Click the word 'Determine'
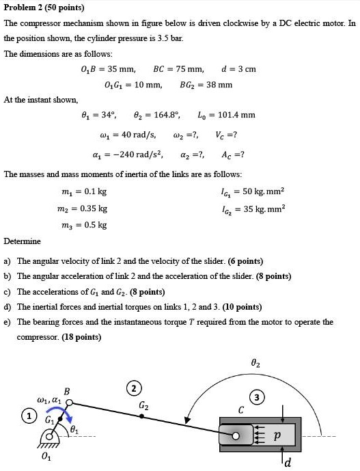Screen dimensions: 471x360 (x=22, y=241)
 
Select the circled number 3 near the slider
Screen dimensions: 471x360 (x=256, y=397)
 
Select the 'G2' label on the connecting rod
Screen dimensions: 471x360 (x=143, y=407)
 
